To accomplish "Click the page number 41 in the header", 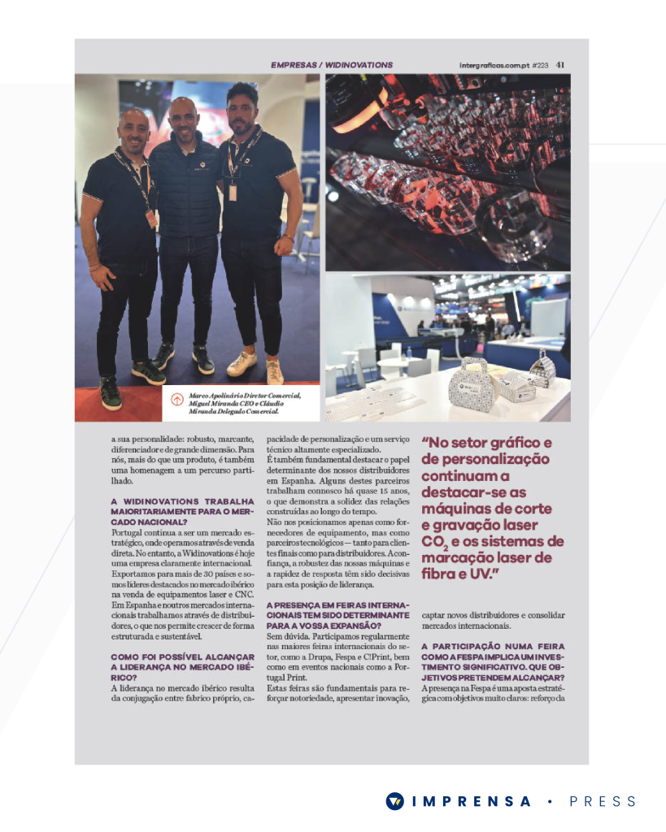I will [561, 65].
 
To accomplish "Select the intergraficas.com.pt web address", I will [494, 65].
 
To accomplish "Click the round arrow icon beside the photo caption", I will [176, 400].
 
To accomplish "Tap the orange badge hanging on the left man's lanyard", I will [151, 218].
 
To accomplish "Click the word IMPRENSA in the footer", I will [472, 801].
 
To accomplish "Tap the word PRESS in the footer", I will [603, 801].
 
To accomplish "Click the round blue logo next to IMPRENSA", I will [395, 801].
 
